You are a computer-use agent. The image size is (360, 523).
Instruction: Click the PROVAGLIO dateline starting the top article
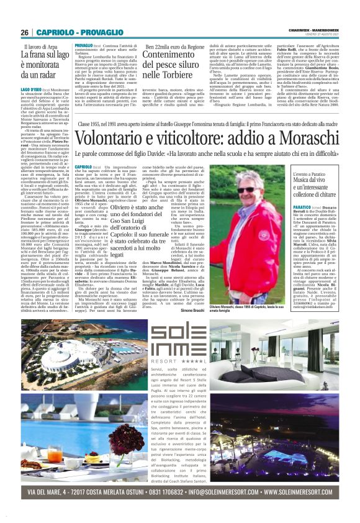84,47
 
